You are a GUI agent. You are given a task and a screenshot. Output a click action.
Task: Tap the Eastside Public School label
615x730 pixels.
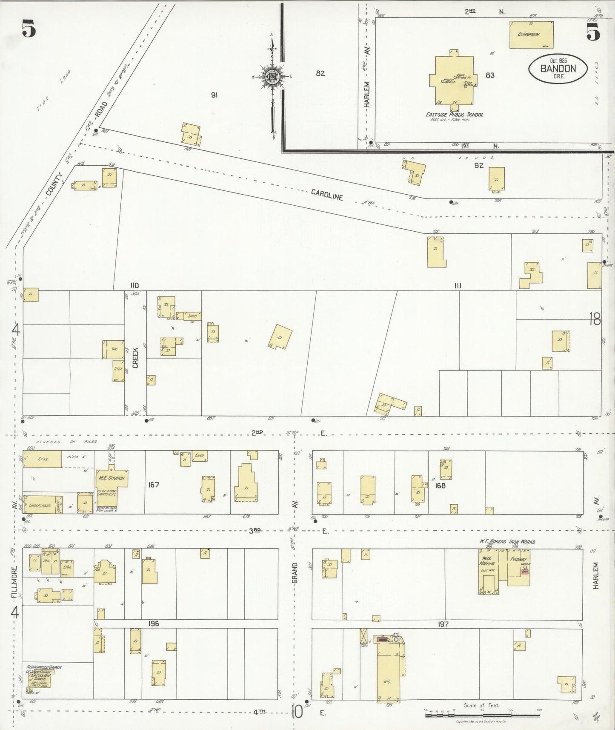click(x=455, y=115)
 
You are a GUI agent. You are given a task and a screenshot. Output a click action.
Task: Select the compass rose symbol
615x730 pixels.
click(x=271, y=77)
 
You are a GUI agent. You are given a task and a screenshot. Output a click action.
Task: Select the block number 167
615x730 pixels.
click(x=154, y=485)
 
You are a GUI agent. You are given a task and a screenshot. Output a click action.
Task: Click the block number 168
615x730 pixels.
click(x=440, y=485)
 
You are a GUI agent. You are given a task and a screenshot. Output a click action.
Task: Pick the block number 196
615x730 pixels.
click(x=154, y=624)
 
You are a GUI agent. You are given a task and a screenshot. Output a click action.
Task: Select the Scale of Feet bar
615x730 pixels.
click(x=482, y=716)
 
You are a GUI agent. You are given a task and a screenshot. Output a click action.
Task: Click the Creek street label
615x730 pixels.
click(x=135, y=358)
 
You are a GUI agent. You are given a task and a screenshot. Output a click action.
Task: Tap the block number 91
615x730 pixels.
click(x=214, y=95)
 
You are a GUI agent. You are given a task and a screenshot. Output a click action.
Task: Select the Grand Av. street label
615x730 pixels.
click(x=295, y=572)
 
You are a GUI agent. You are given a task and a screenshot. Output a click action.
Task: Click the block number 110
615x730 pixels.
click(x=135, y=285)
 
